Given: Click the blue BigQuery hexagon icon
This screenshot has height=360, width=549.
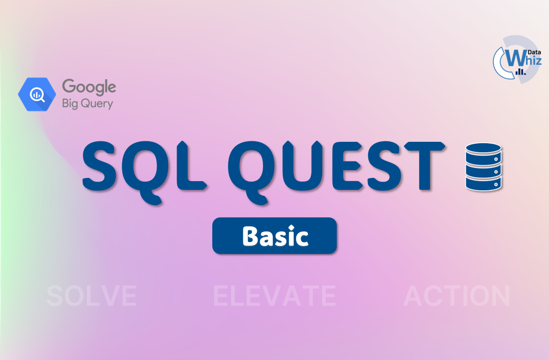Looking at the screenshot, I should tap(37, 95).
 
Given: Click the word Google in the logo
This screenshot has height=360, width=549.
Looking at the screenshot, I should tap(89, 87).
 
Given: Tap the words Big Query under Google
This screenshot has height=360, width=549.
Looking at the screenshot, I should tap(87, 103).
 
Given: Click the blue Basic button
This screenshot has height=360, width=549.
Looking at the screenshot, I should tap(274, 236).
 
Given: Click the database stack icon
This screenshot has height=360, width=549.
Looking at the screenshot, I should tap(483, 167).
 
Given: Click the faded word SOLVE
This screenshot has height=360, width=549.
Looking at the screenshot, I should tap(91, 296).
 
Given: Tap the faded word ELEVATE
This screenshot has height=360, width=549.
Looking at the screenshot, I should tap(274, 296).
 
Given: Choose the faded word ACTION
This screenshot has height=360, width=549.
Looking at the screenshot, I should tap(457, 296).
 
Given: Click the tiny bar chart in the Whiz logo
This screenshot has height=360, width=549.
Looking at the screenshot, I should tap(521, 72).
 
